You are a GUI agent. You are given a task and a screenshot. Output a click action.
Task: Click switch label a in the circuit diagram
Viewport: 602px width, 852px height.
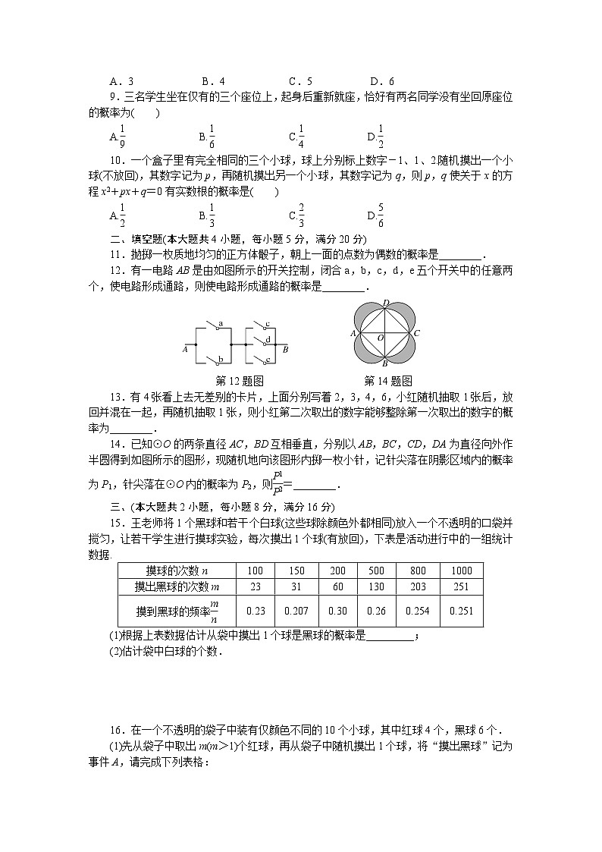pyautogui.click(x=220, y=324)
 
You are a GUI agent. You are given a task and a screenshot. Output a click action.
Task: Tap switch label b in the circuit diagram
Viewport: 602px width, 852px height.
pyautogui.click(x=220, y=359)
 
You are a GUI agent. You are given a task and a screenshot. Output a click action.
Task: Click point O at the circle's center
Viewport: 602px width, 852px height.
pyautogui.click(x=381, y=337)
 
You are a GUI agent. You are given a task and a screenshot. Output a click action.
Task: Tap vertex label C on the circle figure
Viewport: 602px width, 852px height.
pyautogui.click(x=417, y=333)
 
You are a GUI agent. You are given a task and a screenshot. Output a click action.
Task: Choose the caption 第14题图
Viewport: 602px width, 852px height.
pyautogui.click(x=387, y=381)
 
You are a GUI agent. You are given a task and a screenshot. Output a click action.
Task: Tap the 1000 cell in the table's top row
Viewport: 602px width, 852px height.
pyautogui.click(x=461, y=571)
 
